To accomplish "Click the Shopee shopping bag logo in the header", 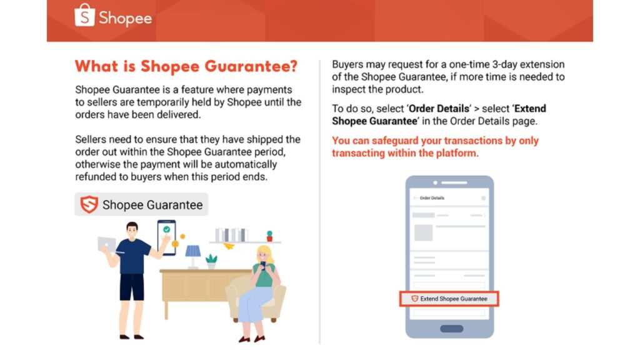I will pyautogui.click(x=84, y=16).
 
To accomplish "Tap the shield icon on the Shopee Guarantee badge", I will pyautogui.click(x=89, y=204).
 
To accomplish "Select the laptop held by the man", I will pyautogui.click(x=106, y=244).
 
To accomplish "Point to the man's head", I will pyautogui.click(x=132, y=229).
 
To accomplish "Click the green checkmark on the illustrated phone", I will pyautogui.click(x=166, y=229).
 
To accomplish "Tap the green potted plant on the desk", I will pyautogui.click(x=211, y=261).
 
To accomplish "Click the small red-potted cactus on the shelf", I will pyautogui.click(x=269, y=236).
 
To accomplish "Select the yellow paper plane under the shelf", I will pyautogui.click(x=229, y=246).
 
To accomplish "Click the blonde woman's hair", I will pyautogui.click(x=265, y=255).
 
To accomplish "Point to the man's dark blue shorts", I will pyautogui.click(x=132, y=287).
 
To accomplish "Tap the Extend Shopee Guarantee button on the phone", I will pyautogui.click(x=449, y=299).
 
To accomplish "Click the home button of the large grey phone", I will pyautogui.click(x=451, y=329).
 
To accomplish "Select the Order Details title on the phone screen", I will pyautogui.click(x=432, y=198).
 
